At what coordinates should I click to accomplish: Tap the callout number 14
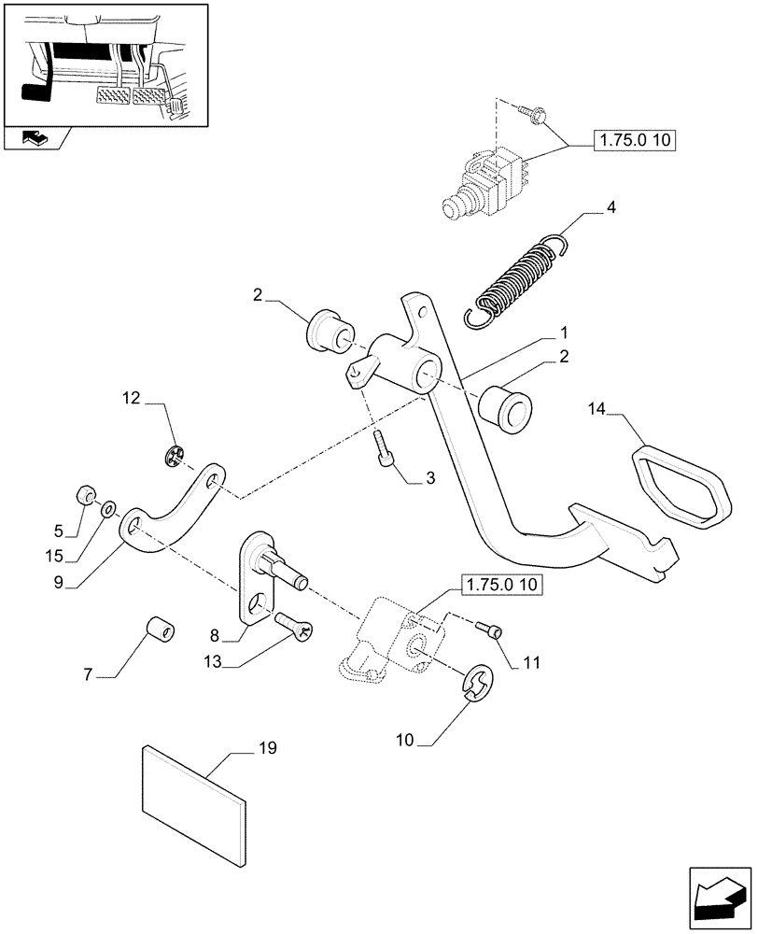(x=597, y=408)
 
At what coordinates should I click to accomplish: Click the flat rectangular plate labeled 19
(x=193, y=802)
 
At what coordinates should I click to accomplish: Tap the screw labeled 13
(x=293, y=623)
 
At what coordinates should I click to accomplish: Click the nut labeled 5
(x=83, y=492)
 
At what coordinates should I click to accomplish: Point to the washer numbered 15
(x=109, y=509)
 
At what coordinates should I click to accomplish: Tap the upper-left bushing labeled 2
(x=326, y=331)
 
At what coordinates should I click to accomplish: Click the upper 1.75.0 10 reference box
(x=635, y=142)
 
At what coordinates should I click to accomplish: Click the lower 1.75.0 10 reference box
(x=499, y=587)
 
